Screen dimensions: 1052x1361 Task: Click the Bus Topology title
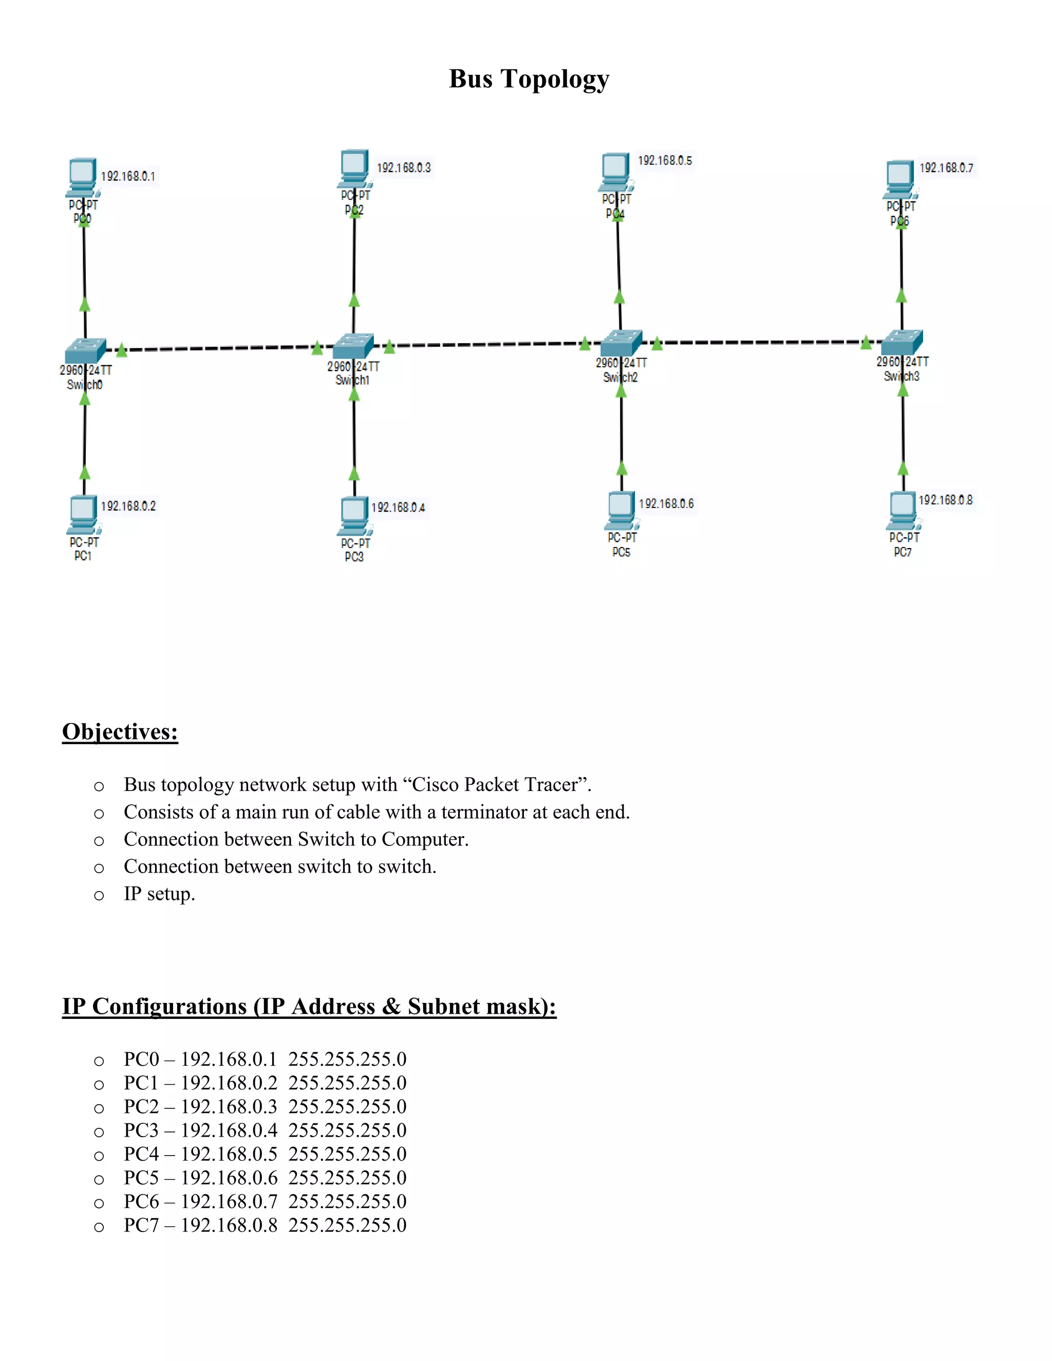click(529, 79)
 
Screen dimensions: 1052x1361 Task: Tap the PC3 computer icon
click(354, 515)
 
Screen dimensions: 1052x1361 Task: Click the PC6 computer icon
click(900, 178)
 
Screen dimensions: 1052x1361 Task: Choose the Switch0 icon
click(85, 350)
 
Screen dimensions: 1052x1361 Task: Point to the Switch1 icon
click(353, 346)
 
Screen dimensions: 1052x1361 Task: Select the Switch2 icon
click(621, 342)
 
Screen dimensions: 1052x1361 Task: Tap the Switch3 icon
click(902, 342)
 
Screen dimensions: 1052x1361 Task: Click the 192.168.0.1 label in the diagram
click(128, 176)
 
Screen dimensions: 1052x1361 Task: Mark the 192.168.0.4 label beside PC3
click(398, 507)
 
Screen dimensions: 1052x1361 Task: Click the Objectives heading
click(120, 731)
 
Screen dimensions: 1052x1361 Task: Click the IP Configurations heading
click(309, 1007)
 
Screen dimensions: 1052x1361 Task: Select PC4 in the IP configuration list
click(141, 1154)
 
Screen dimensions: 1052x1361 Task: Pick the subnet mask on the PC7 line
click(347, 1225)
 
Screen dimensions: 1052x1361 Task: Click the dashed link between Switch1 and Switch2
click(486, 344)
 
